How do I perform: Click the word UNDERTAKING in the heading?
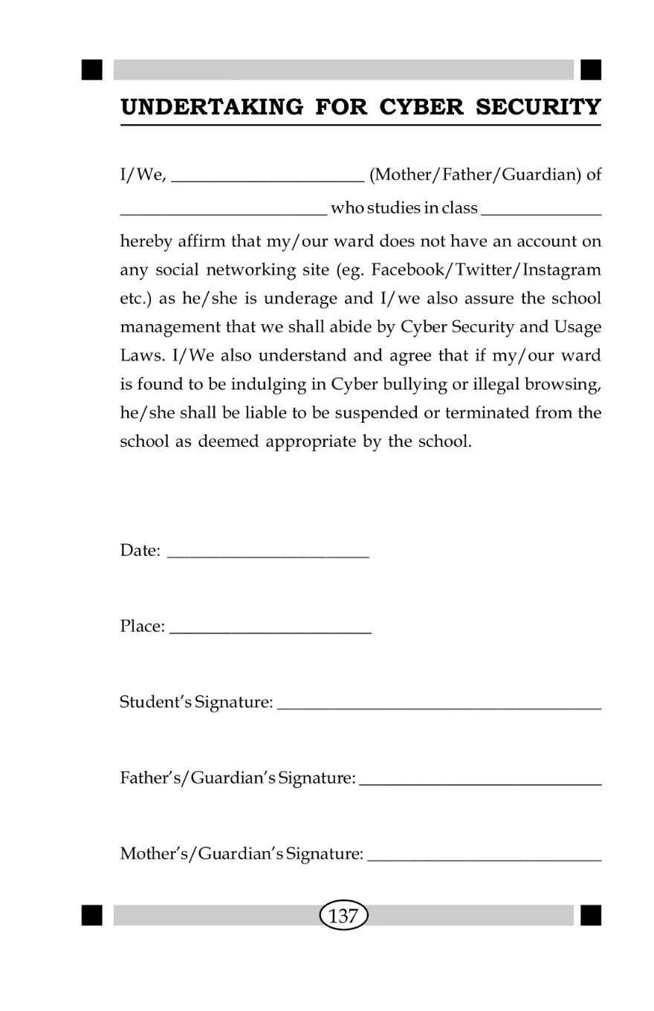click(x=211, y=107)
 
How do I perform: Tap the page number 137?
click(x=343, y=916)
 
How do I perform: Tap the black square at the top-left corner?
click(x=92, y=70)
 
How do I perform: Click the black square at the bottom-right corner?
click(x=591, y=916)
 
